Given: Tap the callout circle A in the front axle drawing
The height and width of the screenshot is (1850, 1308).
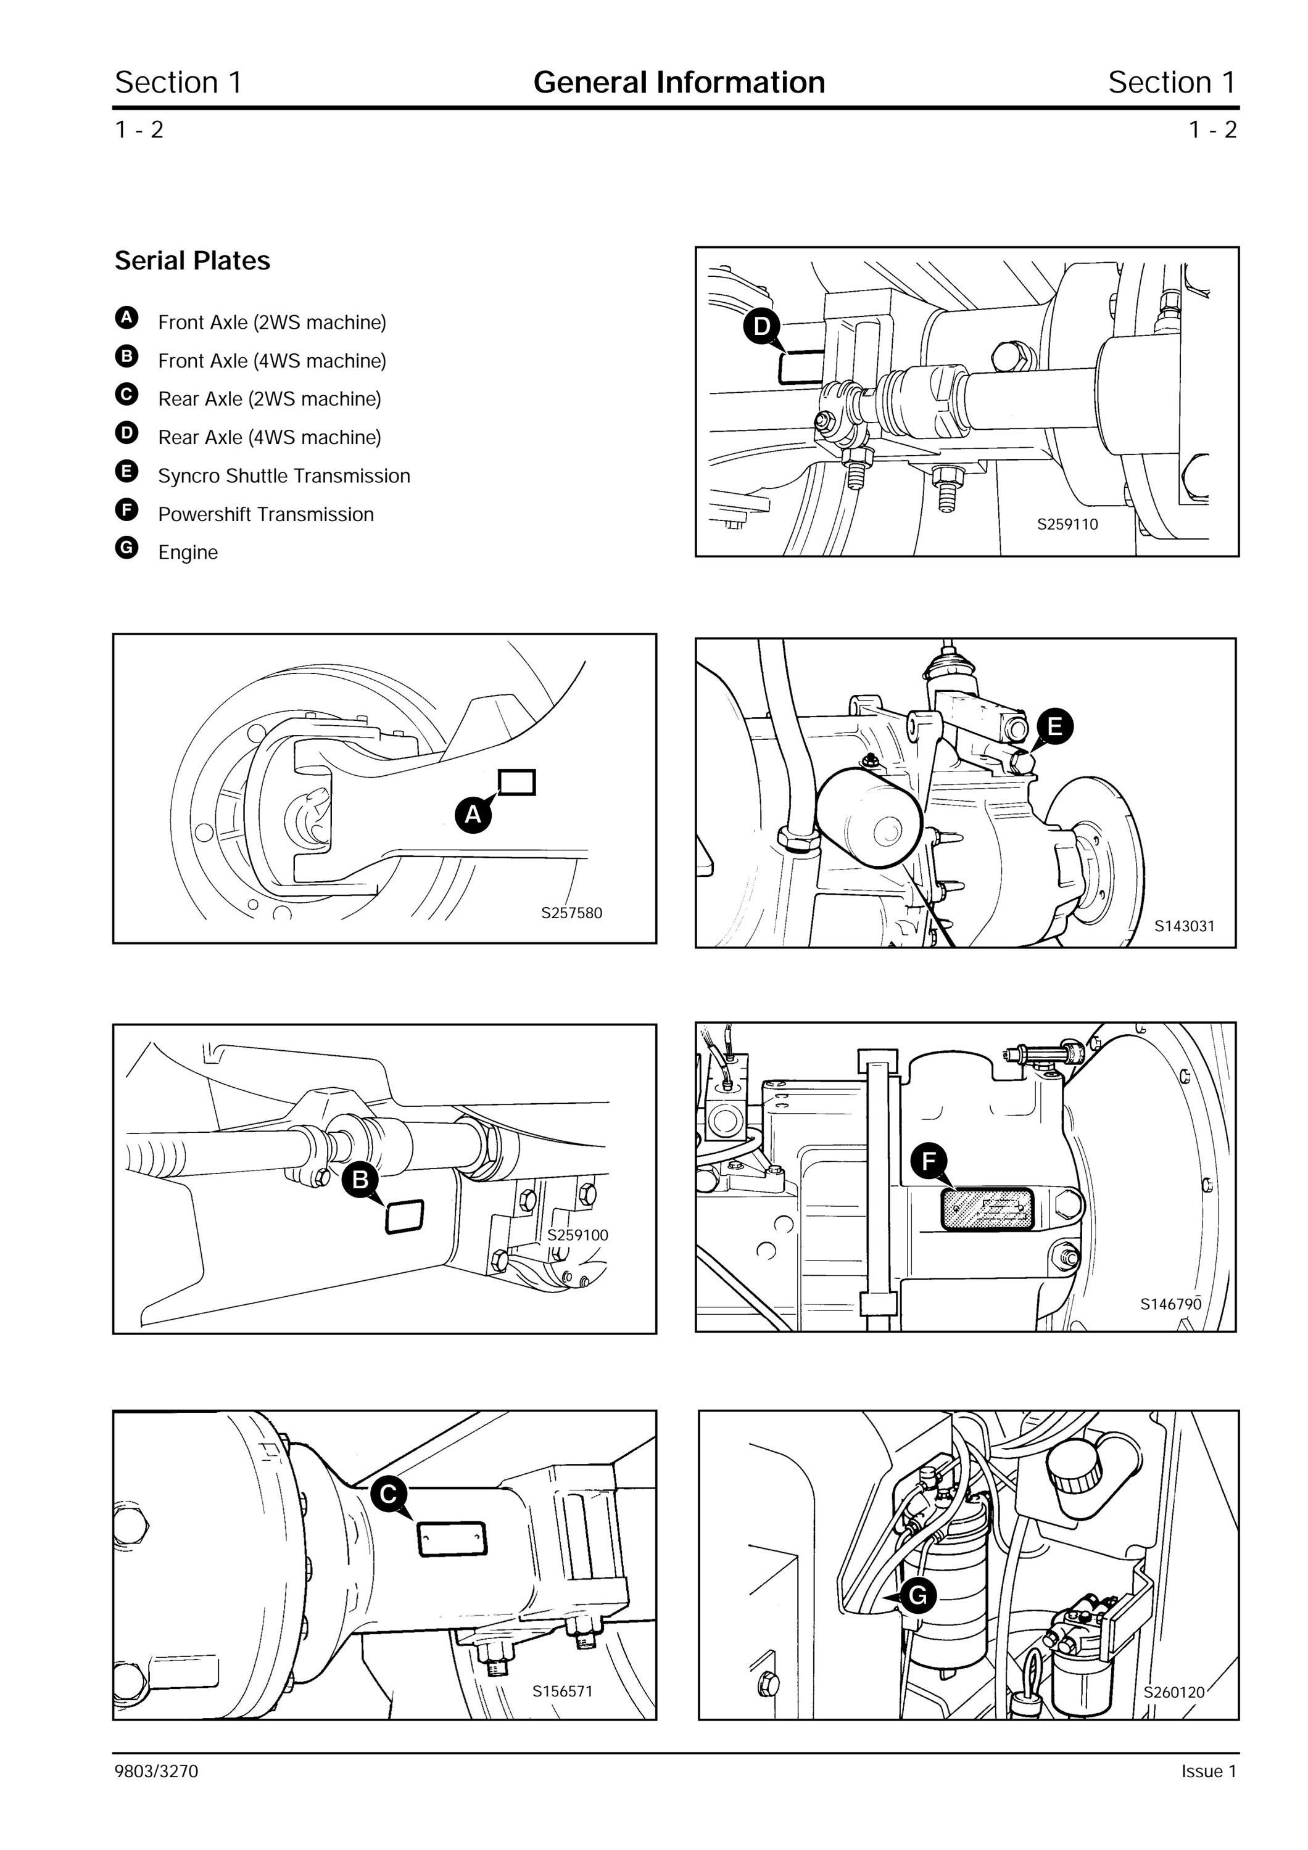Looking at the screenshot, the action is click(x=473, y=814).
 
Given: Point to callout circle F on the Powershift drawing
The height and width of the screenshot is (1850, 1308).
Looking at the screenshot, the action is click(x=929, y=1161).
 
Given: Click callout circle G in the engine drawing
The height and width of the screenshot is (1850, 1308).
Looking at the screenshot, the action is click(x=918, y=1595).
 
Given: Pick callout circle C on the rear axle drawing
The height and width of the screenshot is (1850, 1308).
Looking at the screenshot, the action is click(x=389, y=1495).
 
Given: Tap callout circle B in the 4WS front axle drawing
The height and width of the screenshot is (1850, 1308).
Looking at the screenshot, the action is click(x=360, y=1180).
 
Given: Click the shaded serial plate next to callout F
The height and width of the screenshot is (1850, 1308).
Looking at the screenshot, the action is click(x=988, y=1209).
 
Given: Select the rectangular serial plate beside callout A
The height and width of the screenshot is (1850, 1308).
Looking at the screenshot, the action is click(x=516, y=783).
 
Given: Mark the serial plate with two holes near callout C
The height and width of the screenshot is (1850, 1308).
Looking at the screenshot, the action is click(x=451, y=1539).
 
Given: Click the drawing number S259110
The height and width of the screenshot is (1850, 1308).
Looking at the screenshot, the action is click(x=1067, y=525).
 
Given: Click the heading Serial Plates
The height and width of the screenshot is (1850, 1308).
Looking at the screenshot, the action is click(x=192, y=260).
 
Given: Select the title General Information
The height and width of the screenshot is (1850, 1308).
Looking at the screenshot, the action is click(x=679, y=82).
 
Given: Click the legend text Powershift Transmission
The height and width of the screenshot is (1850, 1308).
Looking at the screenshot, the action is click(x=266, y=514).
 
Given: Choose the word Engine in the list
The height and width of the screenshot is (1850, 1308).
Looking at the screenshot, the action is click(x=188, y=553).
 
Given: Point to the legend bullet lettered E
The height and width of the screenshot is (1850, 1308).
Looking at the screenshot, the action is click(x=126, y=471).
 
